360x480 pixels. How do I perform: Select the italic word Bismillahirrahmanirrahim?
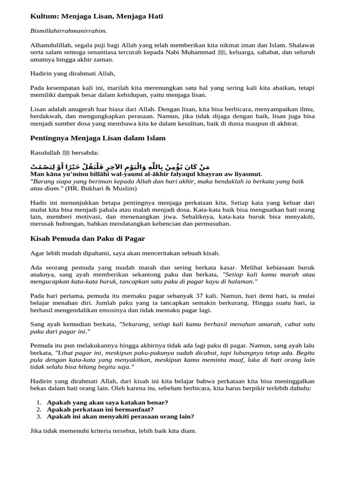pyautogui.click(x=68, y=31)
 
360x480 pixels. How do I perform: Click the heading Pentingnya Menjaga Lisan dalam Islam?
pyautogui.click(x=97, y=138)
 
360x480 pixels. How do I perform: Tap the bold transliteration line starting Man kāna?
pyautogui.click(x=146, y=174)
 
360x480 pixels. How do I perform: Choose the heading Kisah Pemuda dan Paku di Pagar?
pyautogui.click(x=87, y=239)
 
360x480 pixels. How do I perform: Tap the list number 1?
pyautogui.click(x=38, y=402)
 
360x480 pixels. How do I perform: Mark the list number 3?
pyautogui.click(x=38, y=416)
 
